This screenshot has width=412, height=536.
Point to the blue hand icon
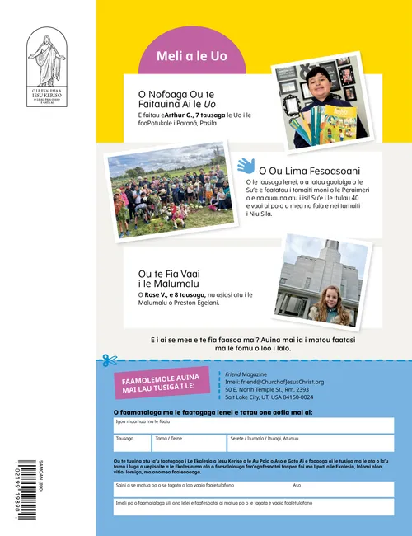246,166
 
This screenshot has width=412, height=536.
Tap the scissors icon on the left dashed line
107,360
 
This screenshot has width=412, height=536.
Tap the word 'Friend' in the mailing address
233,374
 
